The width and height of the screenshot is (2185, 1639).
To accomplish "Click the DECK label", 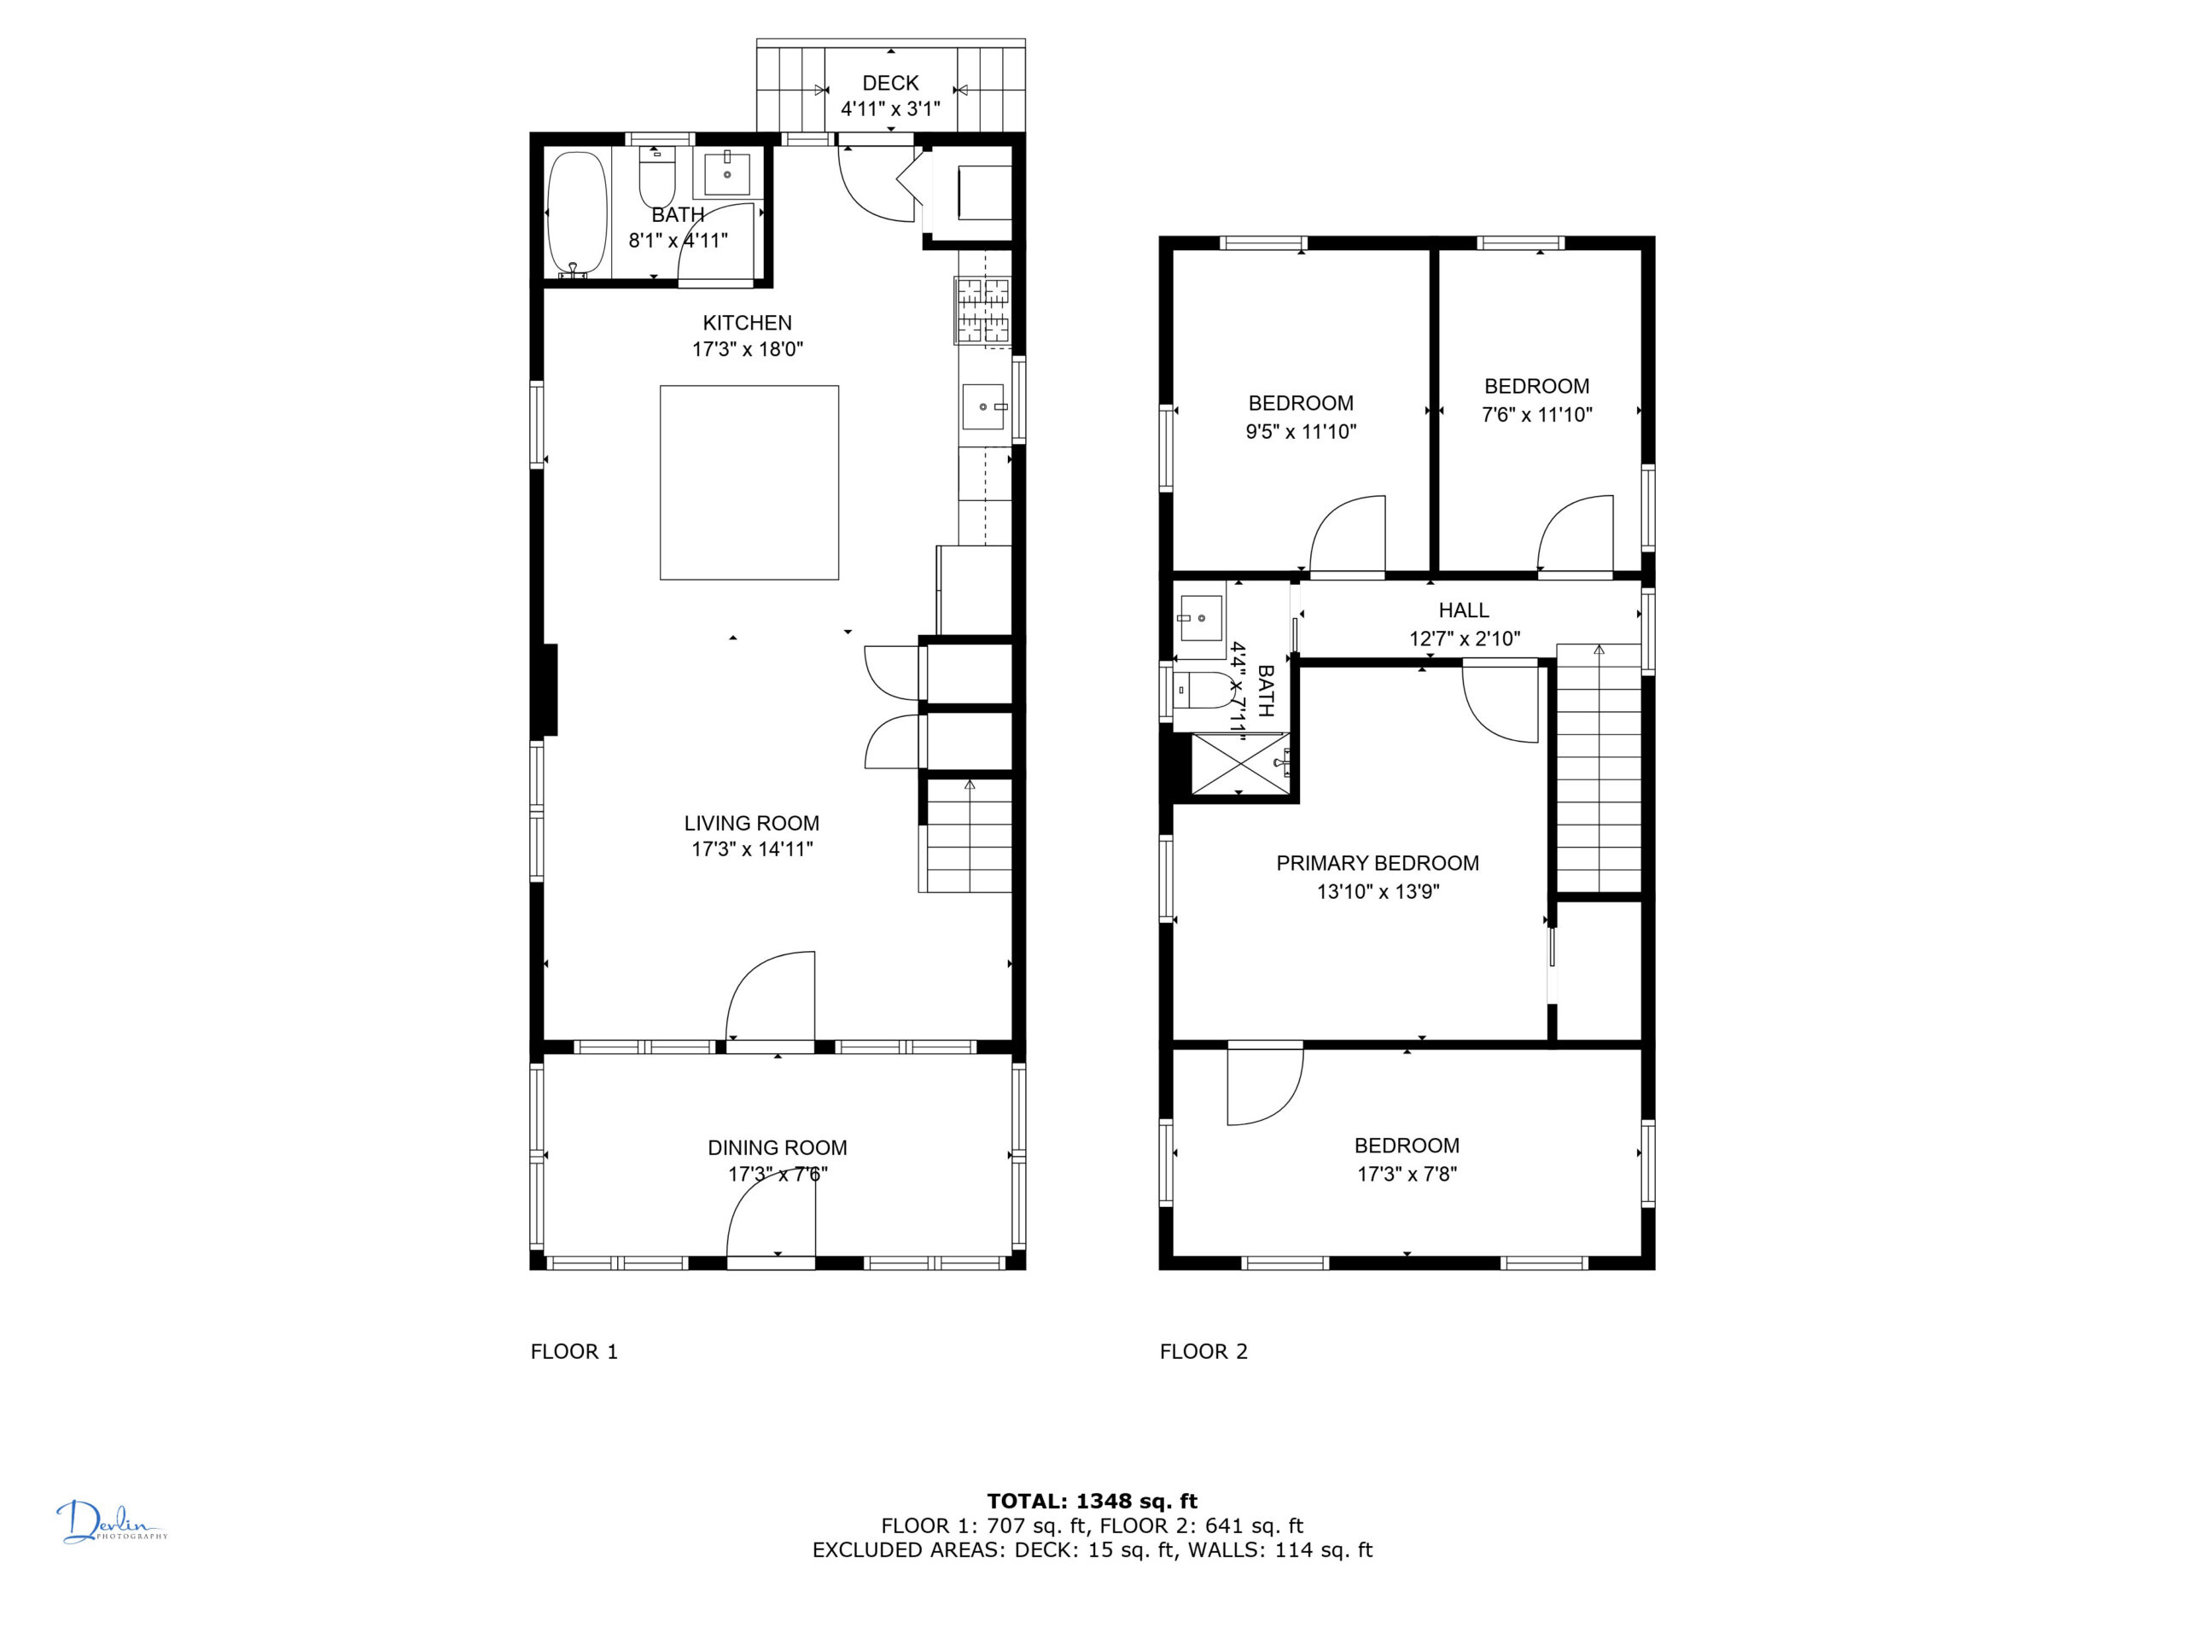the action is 890,83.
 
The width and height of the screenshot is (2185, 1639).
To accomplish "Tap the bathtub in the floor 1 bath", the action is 577,213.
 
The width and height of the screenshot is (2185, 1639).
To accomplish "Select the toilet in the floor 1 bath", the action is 657,177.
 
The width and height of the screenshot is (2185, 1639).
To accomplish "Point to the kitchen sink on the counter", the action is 984,407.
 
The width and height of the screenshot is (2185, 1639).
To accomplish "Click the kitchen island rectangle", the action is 749,482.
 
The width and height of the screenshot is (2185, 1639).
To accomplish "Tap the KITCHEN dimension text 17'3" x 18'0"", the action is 748,349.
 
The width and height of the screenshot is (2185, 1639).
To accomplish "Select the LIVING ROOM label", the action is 752,823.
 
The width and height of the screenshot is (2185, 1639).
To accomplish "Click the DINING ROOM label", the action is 778,1147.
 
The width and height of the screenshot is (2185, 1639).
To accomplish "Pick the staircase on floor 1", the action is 968,836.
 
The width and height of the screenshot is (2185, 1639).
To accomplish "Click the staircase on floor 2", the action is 1599,770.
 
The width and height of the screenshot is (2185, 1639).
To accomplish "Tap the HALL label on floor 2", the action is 1464,610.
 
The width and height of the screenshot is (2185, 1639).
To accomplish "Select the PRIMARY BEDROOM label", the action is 1378,864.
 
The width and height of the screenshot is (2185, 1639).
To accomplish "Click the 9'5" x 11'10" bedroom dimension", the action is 1301,432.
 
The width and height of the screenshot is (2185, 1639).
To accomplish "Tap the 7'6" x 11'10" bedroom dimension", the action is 1537,415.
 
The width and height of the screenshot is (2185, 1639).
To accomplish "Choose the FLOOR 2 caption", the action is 1204,1351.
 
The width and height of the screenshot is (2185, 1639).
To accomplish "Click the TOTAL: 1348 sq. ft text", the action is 1092,1502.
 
